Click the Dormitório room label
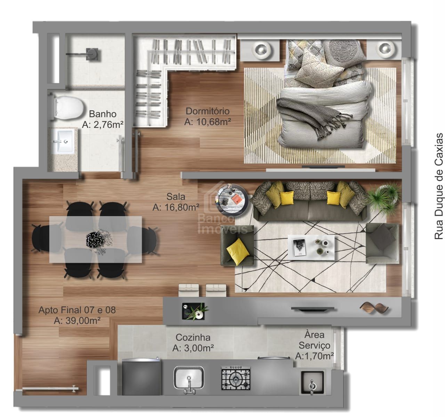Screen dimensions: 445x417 [x=208, y=111]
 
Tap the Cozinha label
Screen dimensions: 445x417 [x=193, y=337]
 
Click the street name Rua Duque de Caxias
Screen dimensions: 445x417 [x=438, y=186]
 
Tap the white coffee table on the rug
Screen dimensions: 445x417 [x=311, y=247]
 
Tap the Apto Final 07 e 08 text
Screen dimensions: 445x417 [x=77, y=310]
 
